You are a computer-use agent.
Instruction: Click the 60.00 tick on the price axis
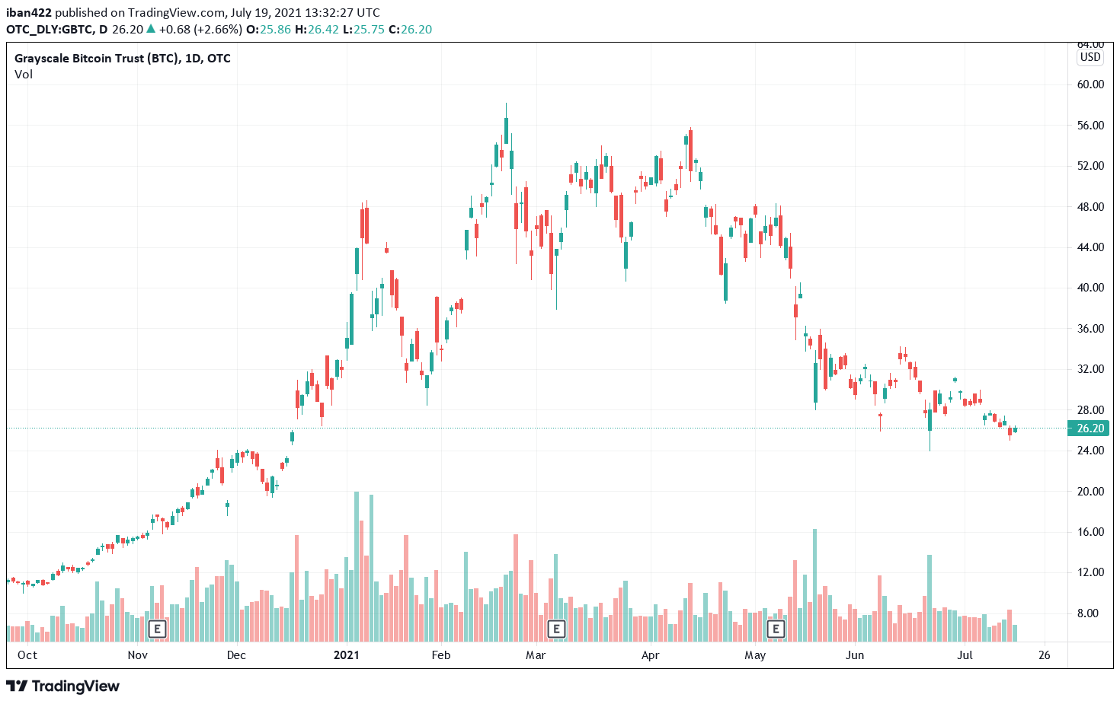click(1090, 84)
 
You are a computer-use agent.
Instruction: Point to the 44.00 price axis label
click(1090, 247)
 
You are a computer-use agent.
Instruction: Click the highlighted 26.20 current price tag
click(1090, 428)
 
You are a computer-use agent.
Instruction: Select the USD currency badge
click(1090, 57)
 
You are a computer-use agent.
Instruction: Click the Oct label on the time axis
click(27, 655)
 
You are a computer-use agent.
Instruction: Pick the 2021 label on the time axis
click(347, 655)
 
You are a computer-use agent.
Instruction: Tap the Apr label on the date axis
click(651, 655)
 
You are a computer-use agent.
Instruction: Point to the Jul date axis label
click(965, 655)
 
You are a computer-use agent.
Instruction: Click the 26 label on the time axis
click(1044, 655)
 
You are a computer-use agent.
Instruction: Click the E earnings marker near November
click(157, 629)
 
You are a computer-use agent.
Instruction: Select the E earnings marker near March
click(557, 629)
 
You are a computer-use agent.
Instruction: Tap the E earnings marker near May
click(776, 629)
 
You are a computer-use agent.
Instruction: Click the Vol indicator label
click(24, 75)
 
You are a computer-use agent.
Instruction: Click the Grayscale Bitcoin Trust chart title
click(122, 59)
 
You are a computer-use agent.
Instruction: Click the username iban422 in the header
click(29, 13)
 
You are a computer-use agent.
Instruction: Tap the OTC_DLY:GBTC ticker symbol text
click(50, 30)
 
